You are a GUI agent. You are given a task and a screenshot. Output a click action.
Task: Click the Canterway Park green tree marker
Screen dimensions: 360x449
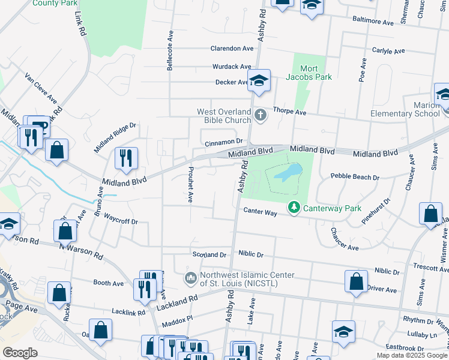click(294, 208)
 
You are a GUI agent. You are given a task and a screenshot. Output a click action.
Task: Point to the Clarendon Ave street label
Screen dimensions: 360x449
click(232, 49)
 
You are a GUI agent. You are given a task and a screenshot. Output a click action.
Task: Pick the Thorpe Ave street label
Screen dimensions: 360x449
click(290, 112)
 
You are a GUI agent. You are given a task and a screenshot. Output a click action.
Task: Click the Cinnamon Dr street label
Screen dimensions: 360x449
click(223, 142)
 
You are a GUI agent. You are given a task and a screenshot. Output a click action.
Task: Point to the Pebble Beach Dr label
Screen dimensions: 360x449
click(355, 178)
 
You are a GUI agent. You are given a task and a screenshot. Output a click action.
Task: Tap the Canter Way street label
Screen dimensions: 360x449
click(260, 212)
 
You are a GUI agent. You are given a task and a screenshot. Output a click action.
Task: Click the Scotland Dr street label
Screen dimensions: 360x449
click(209, 254)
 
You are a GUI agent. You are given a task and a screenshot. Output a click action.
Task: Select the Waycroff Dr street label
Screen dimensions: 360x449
click(121, 218)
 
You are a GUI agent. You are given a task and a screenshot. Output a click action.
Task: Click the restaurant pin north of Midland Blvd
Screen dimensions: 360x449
click(127, 158)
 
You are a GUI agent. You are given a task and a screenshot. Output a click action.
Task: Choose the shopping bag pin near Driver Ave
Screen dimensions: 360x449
click(357, 281)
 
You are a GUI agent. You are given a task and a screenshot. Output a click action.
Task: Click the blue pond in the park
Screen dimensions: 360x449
click(286, 174)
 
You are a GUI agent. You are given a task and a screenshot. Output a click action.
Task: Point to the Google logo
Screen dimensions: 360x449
click(20, 352)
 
